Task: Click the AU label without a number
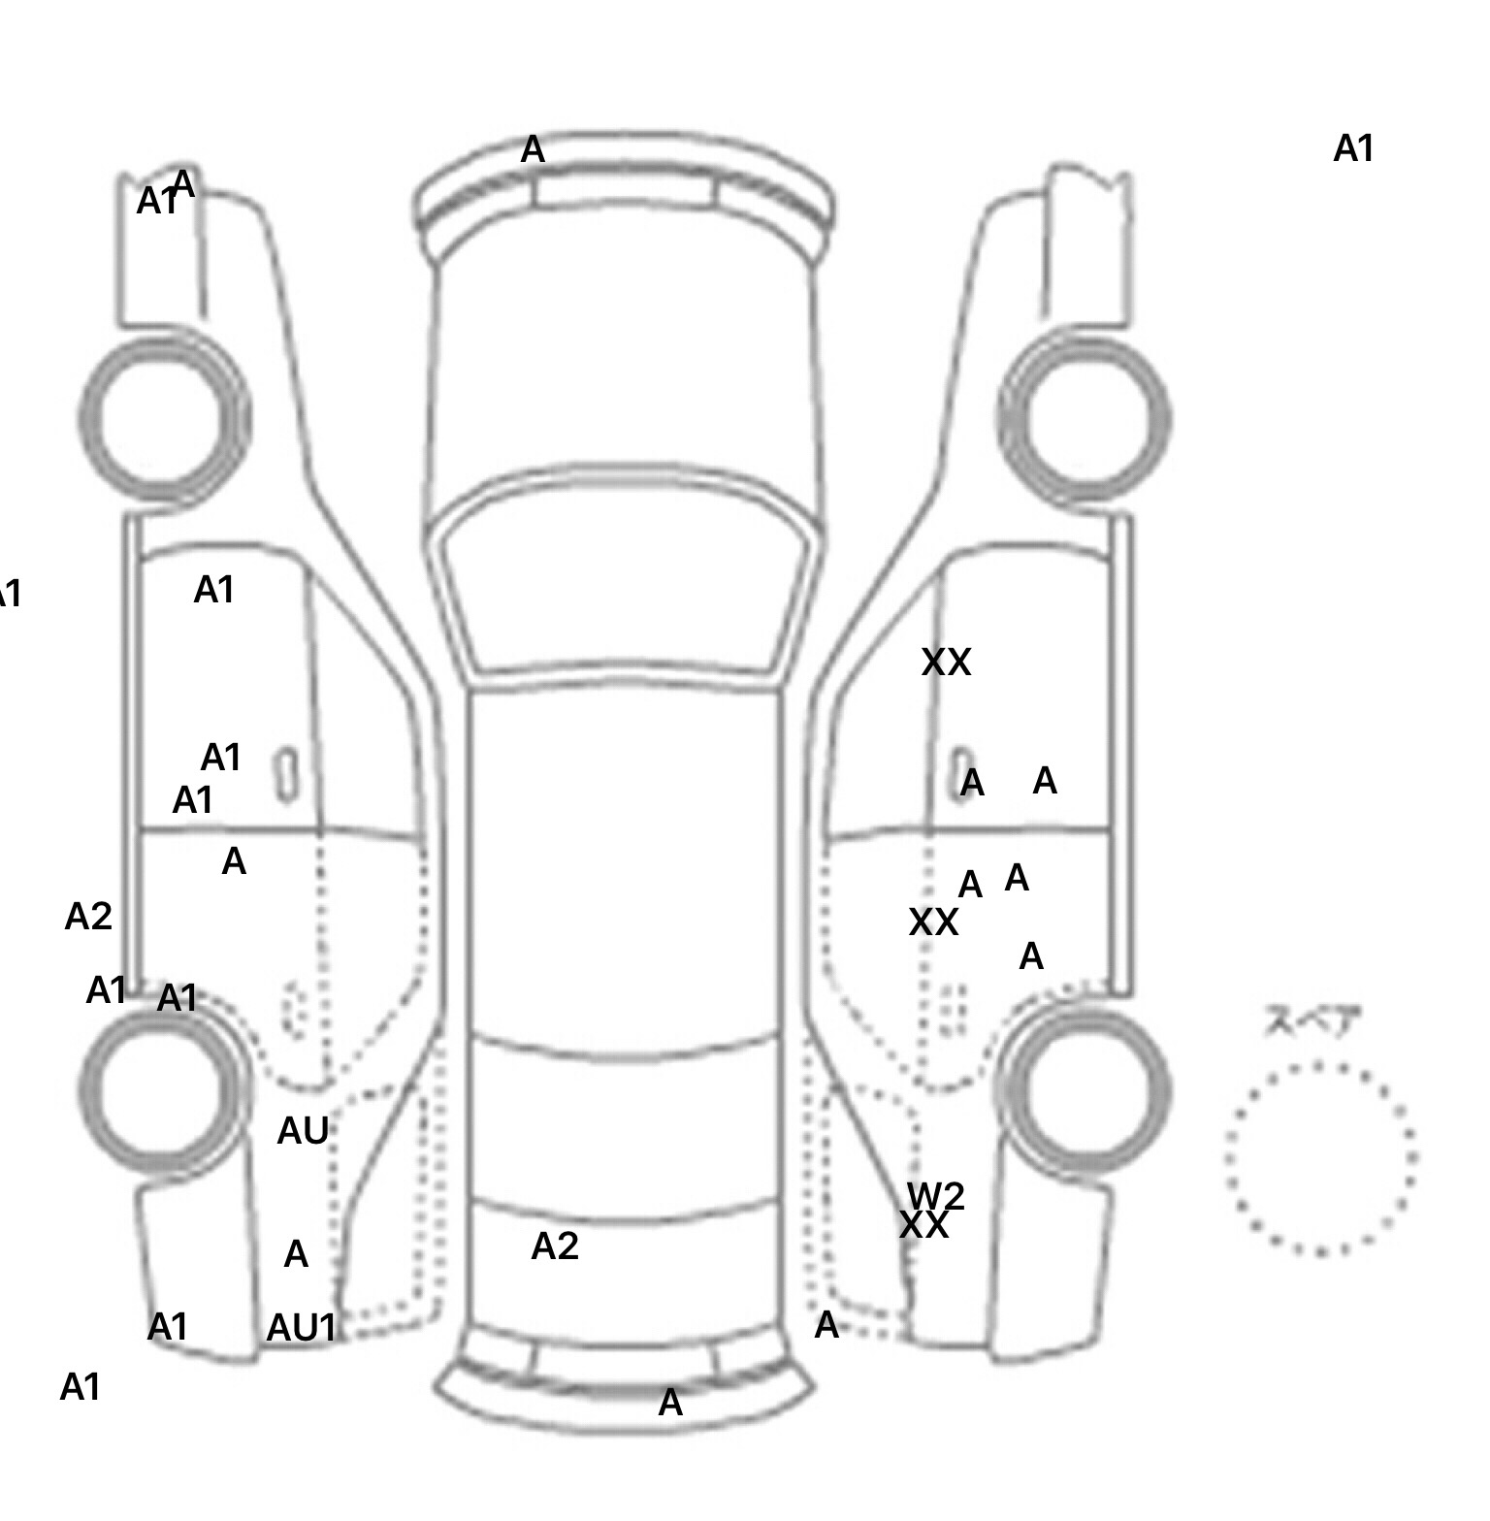303,1130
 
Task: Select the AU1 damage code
301,1328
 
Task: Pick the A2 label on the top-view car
555,1246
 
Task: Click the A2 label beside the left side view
88,916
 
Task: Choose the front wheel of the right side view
1085,419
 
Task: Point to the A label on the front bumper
533,150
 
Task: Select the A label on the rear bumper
670,1403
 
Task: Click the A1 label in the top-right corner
1354,149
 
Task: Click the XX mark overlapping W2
923,1226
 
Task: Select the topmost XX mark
946,663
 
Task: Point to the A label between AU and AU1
296,1255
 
